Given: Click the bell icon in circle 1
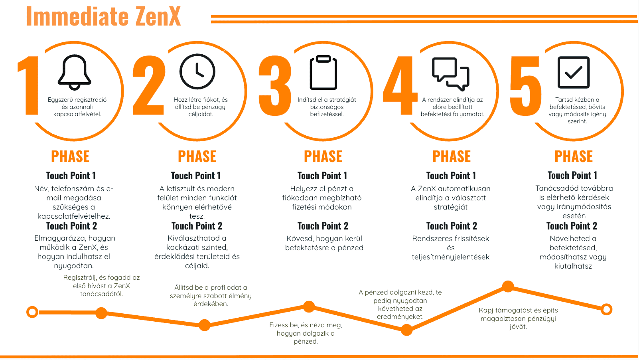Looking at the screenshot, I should point(75,72).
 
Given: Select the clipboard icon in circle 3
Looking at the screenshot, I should point(323,72).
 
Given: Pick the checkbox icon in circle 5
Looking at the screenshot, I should point(574,72).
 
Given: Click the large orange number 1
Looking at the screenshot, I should point(29,86).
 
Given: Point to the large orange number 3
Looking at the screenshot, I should point(275,86).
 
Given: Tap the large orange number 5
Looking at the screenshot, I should point(526,86).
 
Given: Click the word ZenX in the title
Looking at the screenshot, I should point(158,17).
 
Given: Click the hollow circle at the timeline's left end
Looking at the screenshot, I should point(32,312).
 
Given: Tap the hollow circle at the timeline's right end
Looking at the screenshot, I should point(606,309).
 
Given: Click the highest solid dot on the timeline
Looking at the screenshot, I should point(508,286).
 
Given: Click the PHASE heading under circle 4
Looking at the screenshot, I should point(452,156).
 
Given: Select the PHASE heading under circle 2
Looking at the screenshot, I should point(197,156).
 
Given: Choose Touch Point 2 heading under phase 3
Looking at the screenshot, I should point(323,226).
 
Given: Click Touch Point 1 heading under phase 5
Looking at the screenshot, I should point(572,175).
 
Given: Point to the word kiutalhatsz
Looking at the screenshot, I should point(573,266).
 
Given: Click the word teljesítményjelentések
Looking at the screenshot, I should point(451,257).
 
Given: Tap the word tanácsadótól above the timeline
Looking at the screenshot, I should point(101,294).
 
